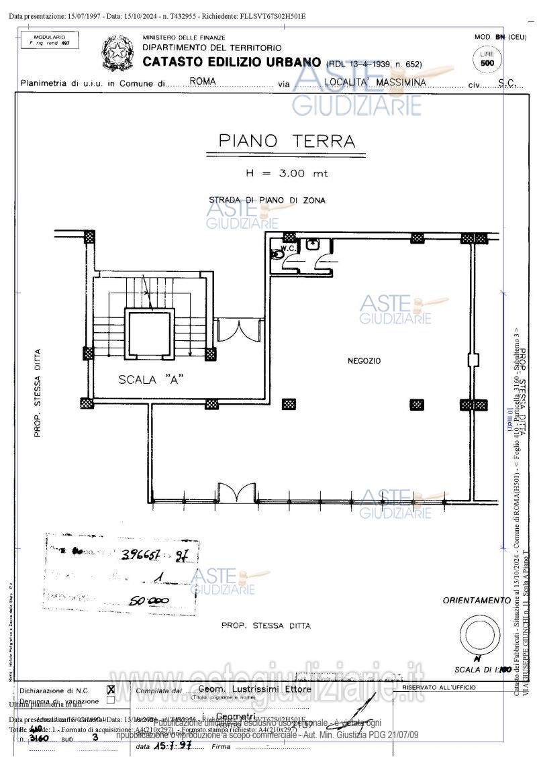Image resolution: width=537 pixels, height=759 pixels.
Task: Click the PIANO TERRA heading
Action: (x=287, y=141)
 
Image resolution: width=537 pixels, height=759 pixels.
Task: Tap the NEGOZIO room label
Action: (x=364, y=361)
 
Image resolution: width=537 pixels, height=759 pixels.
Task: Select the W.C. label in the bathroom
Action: (x=288, y=248)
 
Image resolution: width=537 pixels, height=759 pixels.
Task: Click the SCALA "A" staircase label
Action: (x=151, y=379)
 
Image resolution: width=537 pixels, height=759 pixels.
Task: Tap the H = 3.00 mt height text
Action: (x=287, y=173)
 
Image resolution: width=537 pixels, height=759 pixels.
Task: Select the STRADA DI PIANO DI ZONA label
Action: (x=267, y=200)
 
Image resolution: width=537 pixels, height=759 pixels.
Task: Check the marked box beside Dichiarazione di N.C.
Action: (x=111, y=689)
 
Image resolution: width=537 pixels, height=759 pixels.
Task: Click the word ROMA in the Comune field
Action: (x=203, y=80)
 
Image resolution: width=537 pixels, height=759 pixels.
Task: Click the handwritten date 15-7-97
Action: (x=169, y=746)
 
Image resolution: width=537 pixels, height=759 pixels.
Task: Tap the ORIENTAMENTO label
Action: (x=476, y=600)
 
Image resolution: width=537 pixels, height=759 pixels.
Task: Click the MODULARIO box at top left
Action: (x=49, y=40)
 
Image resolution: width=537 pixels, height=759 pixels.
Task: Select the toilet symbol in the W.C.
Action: (x=277, y=254)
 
